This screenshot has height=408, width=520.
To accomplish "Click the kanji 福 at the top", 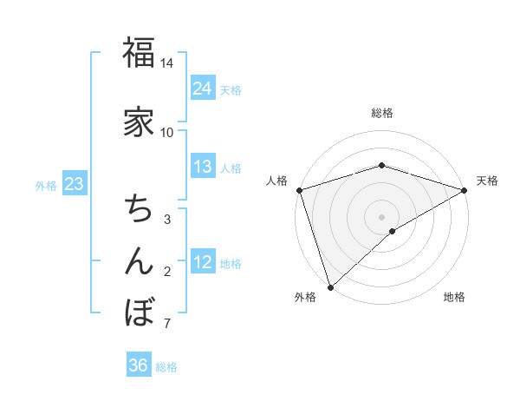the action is click(139, 53).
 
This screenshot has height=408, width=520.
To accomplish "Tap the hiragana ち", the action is click(139, 208).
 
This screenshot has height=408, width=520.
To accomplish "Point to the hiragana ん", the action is click(139, 260).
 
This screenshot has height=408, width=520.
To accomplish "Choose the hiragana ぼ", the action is click(139, 311).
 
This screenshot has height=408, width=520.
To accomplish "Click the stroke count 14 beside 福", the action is click(167, 63).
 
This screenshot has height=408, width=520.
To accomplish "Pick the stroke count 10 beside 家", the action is click(167, 132).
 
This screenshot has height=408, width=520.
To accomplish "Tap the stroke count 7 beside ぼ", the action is click(167, 324).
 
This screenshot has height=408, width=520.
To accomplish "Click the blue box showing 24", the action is click(202, 88).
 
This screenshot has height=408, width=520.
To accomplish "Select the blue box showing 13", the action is click(202, 167).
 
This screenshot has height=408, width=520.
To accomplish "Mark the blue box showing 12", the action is click(202, 262).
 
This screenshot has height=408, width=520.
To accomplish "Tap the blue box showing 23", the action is click(74, 184).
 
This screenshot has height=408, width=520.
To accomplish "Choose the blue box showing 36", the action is click(138, 365).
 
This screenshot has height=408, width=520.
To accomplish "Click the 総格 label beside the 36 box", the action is click(166, 367).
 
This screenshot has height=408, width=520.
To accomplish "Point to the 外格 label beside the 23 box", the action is click(46, 185).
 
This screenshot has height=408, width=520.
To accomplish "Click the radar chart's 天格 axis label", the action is click(487, 181).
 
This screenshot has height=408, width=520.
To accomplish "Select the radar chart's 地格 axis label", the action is click(454, 297).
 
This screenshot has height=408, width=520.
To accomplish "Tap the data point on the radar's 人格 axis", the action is click(299, 190).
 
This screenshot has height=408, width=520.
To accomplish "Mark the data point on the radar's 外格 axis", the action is click(330, 287).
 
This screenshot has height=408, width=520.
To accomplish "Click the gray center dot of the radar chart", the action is click(381, 216).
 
